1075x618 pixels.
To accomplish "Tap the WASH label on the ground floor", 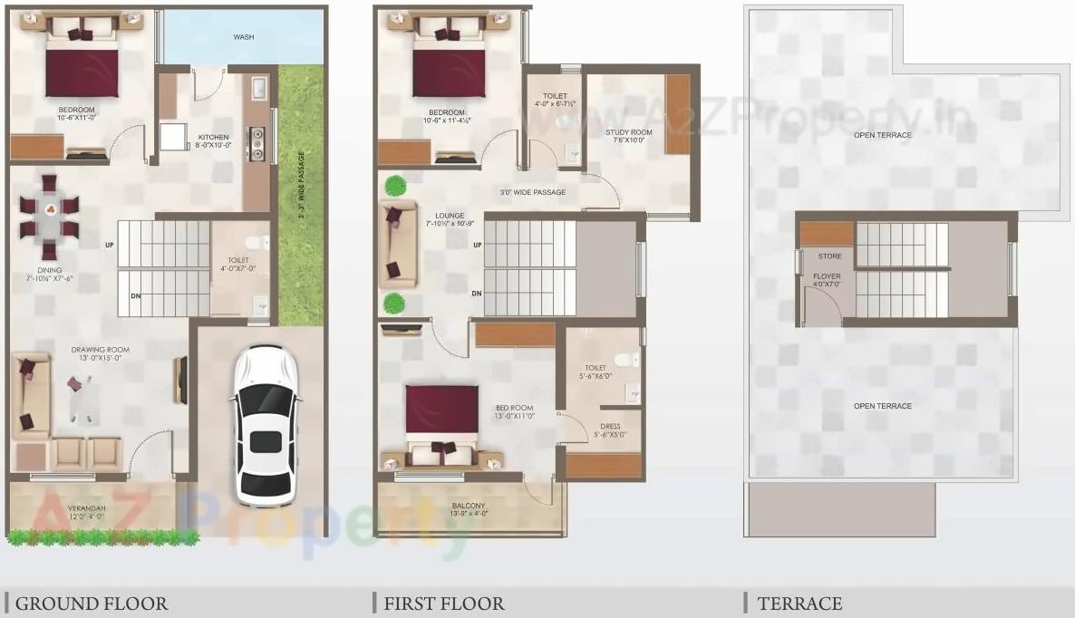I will [x=243, y=37].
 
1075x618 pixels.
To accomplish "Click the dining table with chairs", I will [x=49, y=217].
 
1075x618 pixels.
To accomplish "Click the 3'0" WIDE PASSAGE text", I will [x=532, y=192].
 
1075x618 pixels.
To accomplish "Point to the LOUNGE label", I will [x=450, y=216].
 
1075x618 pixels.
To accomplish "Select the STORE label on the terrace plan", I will [x=829, y=256].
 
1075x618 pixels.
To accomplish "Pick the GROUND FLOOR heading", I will [x=91, y=604].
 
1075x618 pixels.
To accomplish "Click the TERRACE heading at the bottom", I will [x=799, y=604].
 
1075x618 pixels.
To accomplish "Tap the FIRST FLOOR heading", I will [x=443, y=604].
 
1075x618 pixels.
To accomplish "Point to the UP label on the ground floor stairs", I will [x=110, y=245].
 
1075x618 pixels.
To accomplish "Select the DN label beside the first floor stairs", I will [x=476, y=294].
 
